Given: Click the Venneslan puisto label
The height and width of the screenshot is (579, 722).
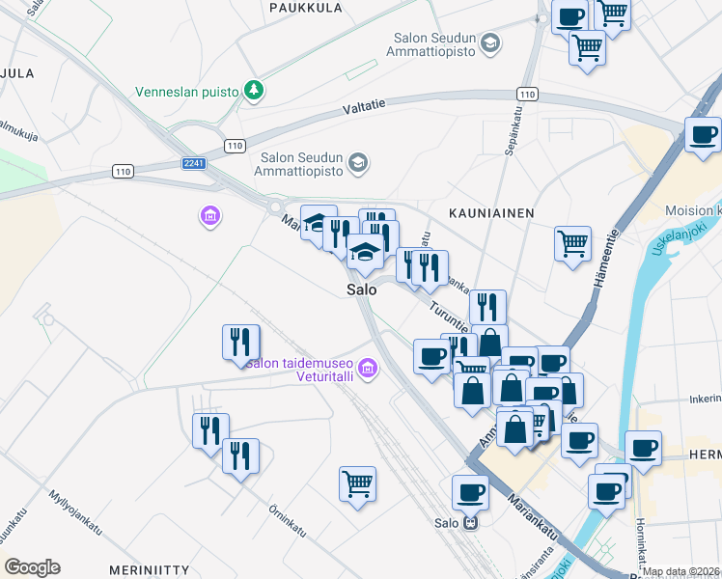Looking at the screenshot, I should pos(187,92).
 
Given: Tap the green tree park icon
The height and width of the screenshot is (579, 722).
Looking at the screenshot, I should pos(254,91).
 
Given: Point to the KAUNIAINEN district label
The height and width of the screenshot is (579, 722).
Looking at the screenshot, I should pos(491,212).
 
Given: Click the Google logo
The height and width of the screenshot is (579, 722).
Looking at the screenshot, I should pos(32,567).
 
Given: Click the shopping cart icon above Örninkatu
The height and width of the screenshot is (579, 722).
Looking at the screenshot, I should pos(357,483).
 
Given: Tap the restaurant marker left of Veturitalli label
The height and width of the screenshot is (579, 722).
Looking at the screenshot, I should pos(239,343).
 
